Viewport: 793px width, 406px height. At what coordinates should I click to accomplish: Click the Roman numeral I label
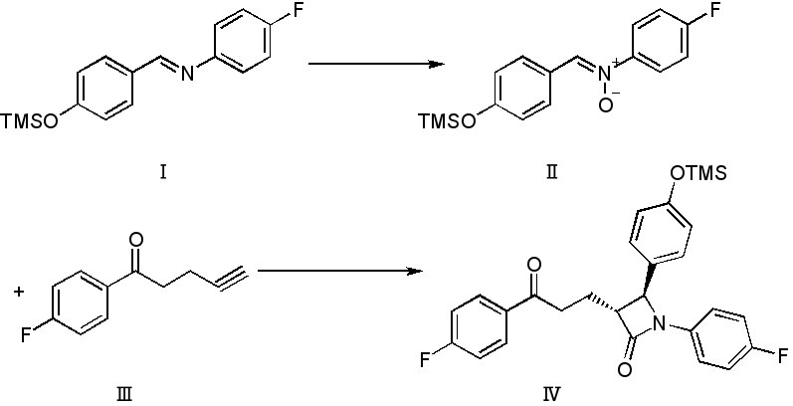pyautogui.click(x=162, y=171)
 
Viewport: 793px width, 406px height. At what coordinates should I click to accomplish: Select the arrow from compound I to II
pyautogui.click(x=374, y=66)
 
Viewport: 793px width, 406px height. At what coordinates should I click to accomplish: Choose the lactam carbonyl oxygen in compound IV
pyautogui.click(x=624, y=369)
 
